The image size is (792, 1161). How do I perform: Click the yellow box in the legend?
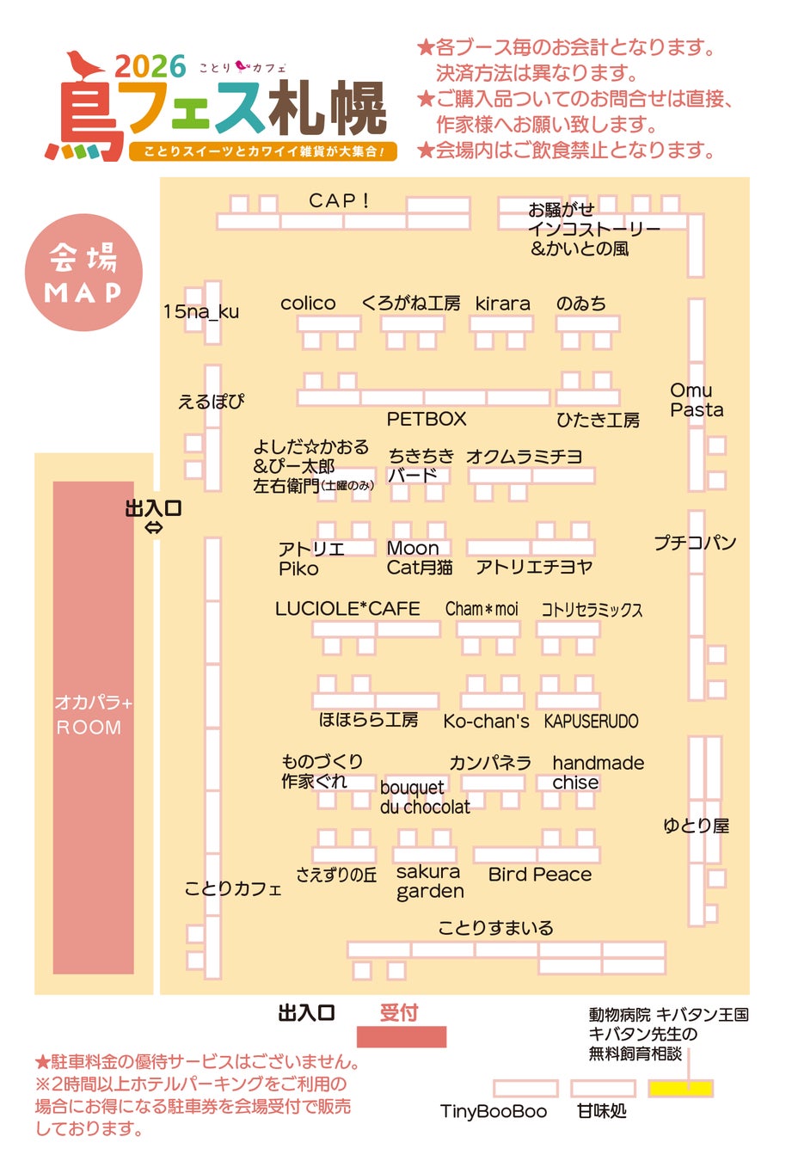pyautogui.click(x=680, y=1088)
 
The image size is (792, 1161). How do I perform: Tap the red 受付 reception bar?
pyautogui.click(x=402, y=1036)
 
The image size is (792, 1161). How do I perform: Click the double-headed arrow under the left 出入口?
pyautogui.click(x=153, y=528)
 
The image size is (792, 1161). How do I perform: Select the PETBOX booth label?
pyautogui.click(x=426, y=419)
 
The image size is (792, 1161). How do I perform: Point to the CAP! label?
pyautogui.click(x=339, y=200)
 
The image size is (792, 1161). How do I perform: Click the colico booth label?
pyautogui.click(x=308, y=304)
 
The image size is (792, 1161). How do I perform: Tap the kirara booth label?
pyautogui.click(x=502, y=304)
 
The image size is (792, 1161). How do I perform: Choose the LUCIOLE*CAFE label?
pyautogui.click(x=347, y=609)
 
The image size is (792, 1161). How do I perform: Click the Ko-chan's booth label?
pyautogui.click(x=486, y=721)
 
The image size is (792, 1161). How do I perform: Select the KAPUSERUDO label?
pyautogui.click(x=591, y=721)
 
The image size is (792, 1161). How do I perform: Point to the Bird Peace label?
pyautogui.click(x=539, y=875)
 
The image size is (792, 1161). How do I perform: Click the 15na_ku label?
pyautogui.click(x=201, y=311)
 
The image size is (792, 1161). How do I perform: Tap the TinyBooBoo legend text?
pyautogui.click(x=494, y=1111)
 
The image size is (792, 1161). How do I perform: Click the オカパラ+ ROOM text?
pyautogui.click(x=93, y=715)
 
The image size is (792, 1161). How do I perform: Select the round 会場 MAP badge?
pyautogui.click(x=83, y=273)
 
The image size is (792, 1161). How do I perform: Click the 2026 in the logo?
pyautogui.click(x=150, y=67)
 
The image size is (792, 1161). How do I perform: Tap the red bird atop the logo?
pyautogui.click(x=83, y=64)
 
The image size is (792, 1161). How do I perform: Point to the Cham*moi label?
pyautogui.click(x=482, y=609)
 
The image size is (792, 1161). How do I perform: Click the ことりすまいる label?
pyautogui.click(x=495, y=927)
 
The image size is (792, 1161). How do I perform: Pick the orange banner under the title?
pyautogui.click(x=263, y=151)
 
